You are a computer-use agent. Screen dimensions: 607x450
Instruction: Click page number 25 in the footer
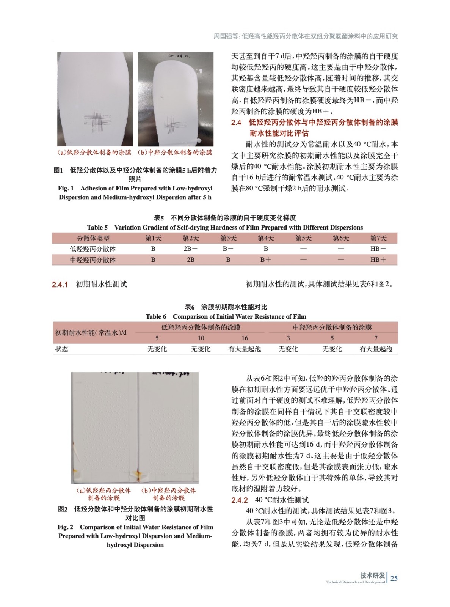click(394, 578)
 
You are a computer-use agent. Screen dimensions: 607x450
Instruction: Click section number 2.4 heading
click(236, 123)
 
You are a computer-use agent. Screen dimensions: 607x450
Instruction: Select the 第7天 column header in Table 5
click(378, 238)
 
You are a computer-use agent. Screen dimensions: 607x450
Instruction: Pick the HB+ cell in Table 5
click(378, 260)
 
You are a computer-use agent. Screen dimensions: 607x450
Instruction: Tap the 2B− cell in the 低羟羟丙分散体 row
click(190, 249)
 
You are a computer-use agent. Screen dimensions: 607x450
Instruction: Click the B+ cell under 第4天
click(265, 260)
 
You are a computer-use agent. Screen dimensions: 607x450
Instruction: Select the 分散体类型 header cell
click(93, 238)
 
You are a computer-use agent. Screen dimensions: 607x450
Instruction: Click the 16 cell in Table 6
click(245, 338)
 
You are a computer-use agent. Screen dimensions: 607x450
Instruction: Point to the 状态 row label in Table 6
click(62, 349)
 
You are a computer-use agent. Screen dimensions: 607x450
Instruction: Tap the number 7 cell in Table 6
click(376, 338)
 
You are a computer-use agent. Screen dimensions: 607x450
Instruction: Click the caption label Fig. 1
click(66, 188)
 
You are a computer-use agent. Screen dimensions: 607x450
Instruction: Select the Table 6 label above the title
click(156, 316)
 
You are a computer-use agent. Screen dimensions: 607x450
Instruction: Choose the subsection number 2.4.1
click(60, 285)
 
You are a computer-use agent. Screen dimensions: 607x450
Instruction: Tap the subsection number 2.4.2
click(240, 500)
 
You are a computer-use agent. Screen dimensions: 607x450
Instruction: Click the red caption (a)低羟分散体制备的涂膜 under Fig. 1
click(94, 153)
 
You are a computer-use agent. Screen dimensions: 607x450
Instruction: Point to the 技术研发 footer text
click(372, 575)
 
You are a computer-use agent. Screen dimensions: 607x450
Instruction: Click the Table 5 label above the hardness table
click(97, 228)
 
